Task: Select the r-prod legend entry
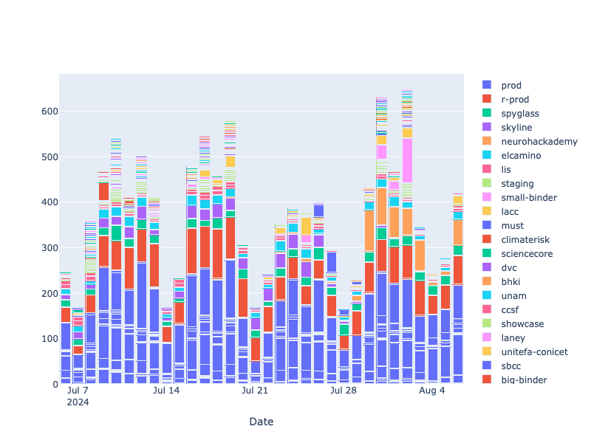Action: click(x=514, y=99)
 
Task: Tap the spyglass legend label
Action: click(x=519, y=113)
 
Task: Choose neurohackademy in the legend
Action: click(x=539, y=141)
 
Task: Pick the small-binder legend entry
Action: click(x=528, y=197)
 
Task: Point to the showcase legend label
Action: click(x=522, y=323)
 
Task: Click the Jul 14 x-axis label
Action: click(x=166, y=391)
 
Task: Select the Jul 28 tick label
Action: click(x=344, y=391)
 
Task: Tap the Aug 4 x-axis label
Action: click(x=432, y=391)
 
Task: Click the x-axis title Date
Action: click(x=260, y=422)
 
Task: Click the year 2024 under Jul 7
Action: click(x=78, y=402)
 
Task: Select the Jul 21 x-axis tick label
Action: click(x=255, y=391)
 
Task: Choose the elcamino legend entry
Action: click(x=521, y=155)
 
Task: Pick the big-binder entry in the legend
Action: click(x=522, y=380)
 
